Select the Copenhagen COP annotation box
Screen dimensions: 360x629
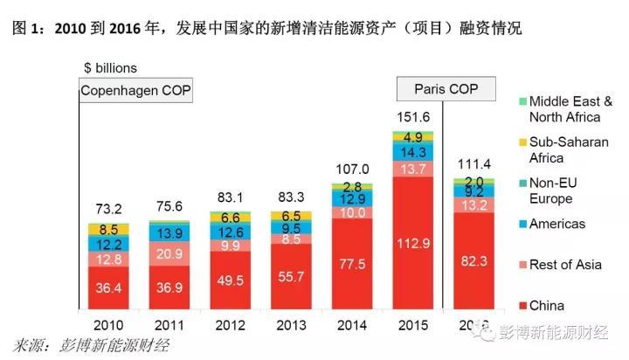coord(135,90)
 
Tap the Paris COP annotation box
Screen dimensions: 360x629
coord(446,89)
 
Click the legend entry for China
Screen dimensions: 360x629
coord(546,306)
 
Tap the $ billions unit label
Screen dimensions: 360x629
coord(111,67)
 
